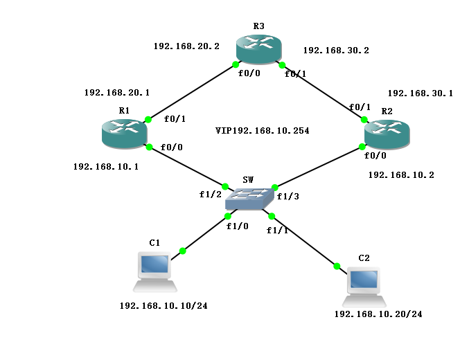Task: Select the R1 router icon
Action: click(124, 132)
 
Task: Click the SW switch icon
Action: click(249, 197)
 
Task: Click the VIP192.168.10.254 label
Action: click(262, 130)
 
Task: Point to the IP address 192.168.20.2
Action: click(186, 46)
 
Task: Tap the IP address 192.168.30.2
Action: click(336, 51)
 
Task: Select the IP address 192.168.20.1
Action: click(117, 92)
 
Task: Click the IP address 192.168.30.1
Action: click(420, 93)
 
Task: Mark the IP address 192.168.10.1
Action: click(106, 167)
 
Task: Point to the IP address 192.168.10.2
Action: click(401, 175)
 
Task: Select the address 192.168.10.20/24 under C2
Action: click(378, 314)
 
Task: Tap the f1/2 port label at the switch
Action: click(210, 194)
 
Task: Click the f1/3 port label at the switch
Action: click(287, 197)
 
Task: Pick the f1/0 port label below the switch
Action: click(237, 226)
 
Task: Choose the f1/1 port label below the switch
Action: click(277, 230)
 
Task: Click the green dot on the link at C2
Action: click(337, 266)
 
